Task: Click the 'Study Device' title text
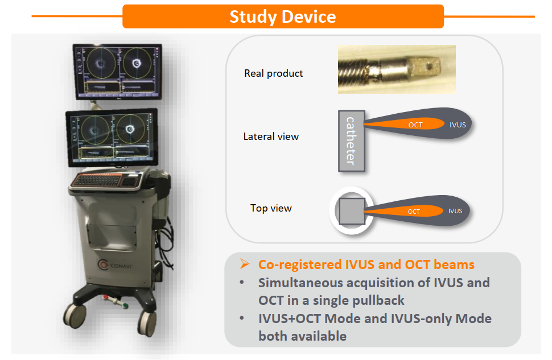(x=283, y=16)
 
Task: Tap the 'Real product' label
(x=274, y=73)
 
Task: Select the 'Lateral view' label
(x=271, y=136)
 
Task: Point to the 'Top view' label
(x=271, y=208)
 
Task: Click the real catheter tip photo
(x=397, y=69)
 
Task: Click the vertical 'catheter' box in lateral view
(x=351, y=141)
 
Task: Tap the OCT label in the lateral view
(x=415, y=125)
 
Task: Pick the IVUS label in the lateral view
(x=458, y=125)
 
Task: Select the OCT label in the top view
(x=414, y=212)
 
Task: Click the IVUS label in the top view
(x=455, y=211)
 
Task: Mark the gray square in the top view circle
(x=352, y=211)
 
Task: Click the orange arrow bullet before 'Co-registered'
(x=245, y=264)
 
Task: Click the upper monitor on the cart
(x=117, y=71)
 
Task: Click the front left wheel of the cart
(x=75, y=315)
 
